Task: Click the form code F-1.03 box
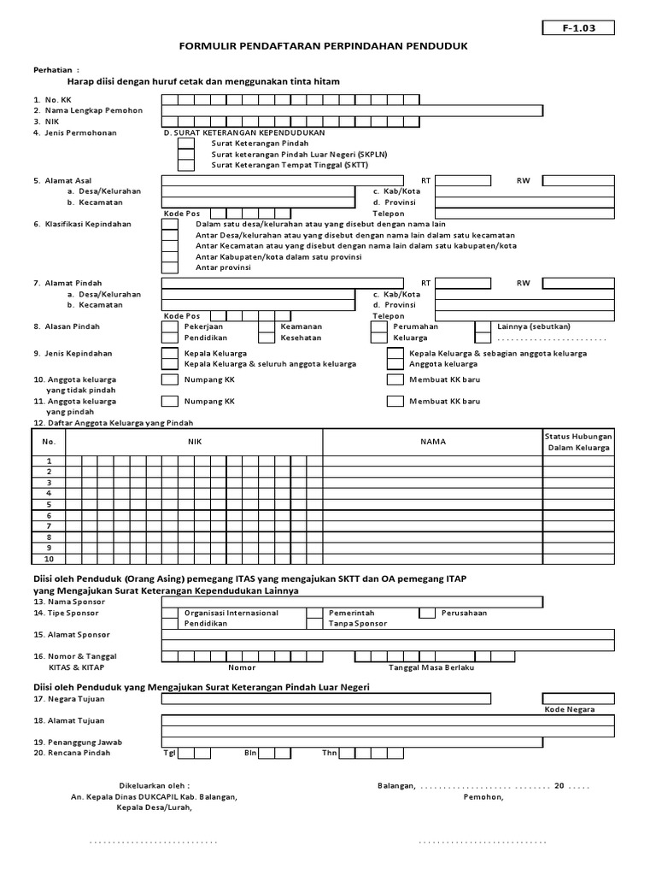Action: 578,27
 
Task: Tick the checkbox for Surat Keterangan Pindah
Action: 185,144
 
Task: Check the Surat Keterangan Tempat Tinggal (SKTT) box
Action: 185,165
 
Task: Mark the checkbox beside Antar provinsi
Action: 170,267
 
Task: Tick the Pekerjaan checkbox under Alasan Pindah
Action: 170,326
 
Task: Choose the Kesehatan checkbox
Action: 266,338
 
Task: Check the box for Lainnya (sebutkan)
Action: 483,326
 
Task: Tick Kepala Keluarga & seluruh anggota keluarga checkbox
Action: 170,364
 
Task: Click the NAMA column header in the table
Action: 432,442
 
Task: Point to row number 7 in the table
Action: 49,526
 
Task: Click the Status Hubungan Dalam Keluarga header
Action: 578,442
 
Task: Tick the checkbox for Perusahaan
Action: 426,613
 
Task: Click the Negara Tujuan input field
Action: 326,698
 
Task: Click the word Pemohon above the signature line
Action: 483,797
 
